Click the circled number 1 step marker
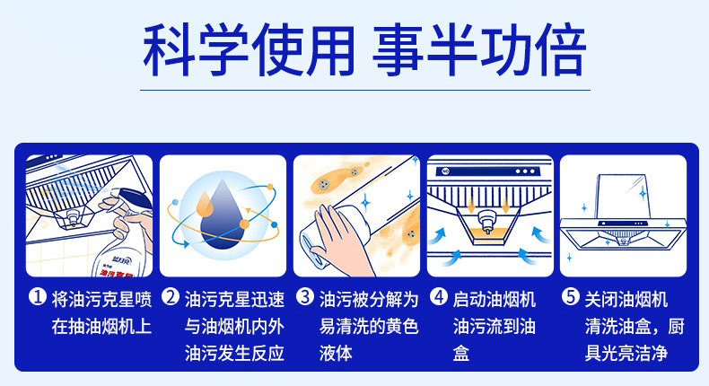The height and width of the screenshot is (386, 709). [38, 298]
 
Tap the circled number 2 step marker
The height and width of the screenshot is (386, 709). [171, 298]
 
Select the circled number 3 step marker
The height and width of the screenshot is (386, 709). [305, 298]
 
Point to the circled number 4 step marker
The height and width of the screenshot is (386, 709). [439, 298]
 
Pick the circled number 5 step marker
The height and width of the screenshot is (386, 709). [571, 298]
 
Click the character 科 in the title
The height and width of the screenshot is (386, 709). [168, 49]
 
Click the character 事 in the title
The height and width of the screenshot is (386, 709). [398, 49]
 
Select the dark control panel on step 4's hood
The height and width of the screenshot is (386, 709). [488, 171]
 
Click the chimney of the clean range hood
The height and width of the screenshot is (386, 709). [625, 196]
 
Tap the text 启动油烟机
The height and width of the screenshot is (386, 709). [495, 300]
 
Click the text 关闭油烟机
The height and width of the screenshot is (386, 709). [626, 300]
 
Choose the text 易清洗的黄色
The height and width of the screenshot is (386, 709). [369, 326]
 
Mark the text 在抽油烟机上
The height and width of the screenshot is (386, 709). [101, 326]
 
